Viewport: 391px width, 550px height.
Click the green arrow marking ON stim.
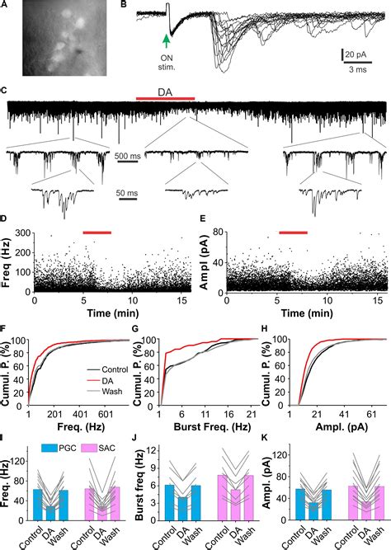[x=167, y=40]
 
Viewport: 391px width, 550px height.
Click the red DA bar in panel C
[x=165, y=98]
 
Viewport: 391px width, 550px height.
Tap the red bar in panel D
[x=97, y=233]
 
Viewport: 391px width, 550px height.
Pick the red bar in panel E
[x=293, y=233]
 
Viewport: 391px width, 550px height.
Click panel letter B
[x=125, y=7]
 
